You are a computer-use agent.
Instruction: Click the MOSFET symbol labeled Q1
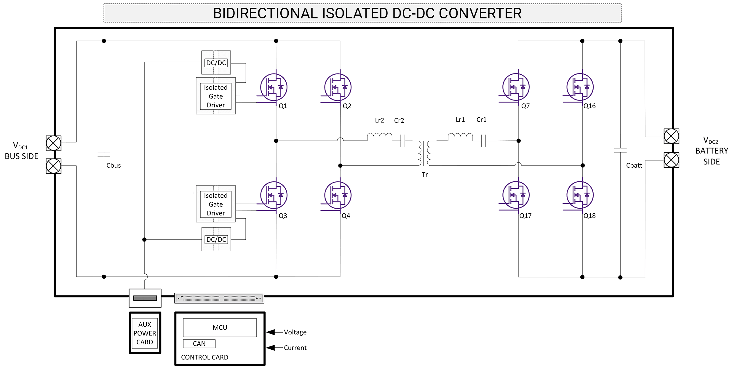tap(274, 87)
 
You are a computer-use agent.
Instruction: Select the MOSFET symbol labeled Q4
tap(338, 195)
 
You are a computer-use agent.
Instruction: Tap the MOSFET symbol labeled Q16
tap(580, 87)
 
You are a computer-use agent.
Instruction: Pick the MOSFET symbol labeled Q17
tap(516, 195)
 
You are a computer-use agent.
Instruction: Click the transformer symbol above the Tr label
tap(424, 153)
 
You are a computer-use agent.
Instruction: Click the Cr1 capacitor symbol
tap(483, 141)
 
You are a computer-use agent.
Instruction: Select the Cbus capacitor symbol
tap(104, 154)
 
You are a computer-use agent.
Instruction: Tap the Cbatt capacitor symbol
tap(620, 150)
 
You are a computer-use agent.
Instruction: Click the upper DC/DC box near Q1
tap(216, 63)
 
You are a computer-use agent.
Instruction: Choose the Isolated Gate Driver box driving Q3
tap(216, 204)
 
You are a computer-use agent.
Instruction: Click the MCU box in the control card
tap(220, 327)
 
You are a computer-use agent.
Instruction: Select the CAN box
tap(199, 343)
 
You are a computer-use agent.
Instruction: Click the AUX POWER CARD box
tap(145, 333)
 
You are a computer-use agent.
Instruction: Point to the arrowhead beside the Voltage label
tap(270, 332)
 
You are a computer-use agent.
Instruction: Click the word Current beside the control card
tap(295, 348)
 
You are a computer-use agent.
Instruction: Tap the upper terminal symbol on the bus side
tap(54, 143)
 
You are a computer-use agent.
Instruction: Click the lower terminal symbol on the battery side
tap(671, 160)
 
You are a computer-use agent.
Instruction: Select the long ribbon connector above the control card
tap(219, 298)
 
